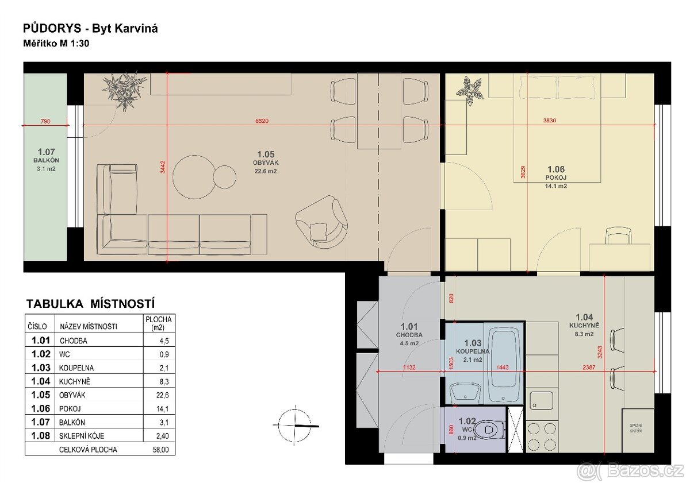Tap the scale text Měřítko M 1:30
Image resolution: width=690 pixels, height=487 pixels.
(56, 44)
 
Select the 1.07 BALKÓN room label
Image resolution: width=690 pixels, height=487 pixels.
(46, 160)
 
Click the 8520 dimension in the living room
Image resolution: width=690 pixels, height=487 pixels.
(262, 121)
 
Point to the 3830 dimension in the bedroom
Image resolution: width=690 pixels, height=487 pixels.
(551, 121)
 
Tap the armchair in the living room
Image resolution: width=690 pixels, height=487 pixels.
(322, 221)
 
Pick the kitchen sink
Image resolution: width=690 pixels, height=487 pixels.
(540, 400)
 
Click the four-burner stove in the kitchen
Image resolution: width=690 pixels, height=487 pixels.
(541, 436)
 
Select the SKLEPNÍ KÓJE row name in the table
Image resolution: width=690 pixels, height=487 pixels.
(81, 436)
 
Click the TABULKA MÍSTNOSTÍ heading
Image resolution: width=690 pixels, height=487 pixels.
(91, 304)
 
